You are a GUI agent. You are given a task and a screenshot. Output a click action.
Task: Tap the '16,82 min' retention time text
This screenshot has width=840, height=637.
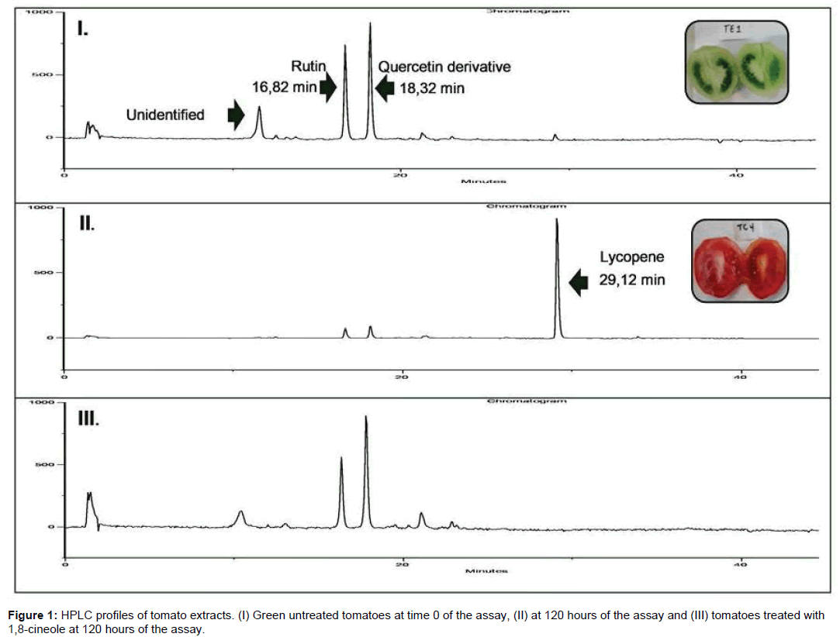coord(284,87)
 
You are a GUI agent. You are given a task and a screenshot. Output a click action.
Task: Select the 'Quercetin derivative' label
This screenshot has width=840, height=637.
coord(444,67)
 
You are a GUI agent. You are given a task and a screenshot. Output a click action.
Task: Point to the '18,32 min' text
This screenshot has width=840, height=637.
coord(432,88)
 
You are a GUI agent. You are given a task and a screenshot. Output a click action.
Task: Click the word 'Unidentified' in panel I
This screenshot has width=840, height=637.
coord(165,115)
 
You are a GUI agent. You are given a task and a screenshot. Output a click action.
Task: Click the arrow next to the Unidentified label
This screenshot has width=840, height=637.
coord(235,115)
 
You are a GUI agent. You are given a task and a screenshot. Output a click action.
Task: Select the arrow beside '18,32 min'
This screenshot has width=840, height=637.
coord(385,88)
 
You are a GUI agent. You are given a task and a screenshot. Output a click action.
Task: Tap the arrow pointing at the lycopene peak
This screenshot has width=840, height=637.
coord(578,282)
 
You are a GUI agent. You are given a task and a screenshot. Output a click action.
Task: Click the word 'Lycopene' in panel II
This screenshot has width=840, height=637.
coord(631,257)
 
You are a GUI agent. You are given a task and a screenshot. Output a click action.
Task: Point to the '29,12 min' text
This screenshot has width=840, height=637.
coord(631,281)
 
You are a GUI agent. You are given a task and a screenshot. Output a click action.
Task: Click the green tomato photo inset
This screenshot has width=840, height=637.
coord(735,63)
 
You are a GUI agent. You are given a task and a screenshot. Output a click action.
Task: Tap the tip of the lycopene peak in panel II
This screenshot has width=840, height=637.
coord(557,220)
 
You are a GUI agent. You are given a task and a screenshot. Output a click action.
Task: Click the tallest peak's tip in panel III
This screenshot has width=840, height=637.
coord(365,417)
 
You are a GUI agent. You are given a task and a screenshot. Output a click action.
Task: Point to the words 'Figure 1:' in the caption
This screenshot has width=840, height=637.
coord(32,615)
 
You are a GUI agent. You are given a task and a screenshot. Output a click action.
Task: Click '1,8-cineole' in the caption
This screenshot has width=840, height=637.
coord(33,628)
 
